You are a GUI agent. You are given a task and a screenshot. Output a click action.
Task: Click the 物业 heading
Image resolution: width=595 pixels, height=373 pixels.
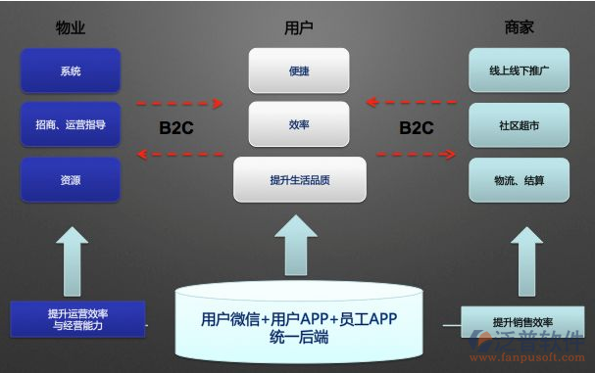point(71,27)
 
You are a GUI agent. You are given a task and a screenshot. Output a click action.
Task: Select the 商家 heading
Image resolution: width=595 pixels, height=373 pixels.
point(519,27)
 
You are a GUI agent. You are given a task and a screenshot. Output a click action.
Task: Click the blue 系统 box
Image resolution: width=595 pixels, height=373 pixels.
point(71,71)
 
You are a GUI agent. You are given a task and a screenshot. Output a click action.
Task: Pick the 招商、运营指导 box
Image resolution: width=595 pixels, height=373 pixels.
point(71,125)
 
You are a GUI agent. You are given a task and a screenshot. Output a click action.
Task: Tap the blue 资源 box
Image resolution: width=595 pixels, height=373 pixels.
point(71,180)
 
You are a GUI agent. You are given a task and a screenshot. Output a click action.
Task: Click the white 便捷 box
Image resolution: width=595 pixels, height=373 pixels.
point(299,71)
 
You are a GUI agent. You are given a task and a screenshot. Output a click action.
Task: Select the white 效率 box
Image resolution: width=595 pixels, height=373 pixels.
point(299,125)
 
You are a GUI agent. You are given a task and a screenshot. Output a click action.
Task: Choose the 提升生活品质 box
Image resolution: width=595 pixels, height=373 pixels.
point(299,180)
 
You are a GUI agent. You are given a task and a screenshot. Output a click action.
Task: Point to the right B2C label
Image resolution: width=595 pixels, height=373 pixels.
point(417,127)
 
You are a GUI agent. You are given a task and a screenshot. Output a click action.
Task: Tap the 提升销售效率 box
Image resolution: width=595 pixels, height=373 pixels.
point(521,322)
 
